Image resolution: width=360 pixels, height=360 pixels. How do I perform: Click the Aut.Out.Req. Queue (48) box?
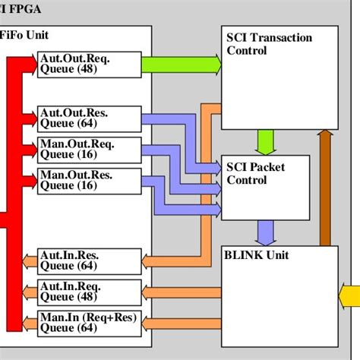click(x=89, y=64)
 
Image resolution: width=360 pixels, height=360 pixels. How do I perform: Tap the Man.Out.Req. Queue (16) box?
click(x=89, y=149)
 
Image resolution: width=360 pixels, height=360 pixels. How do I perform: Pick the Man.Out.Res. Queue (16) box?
click(x=89, y=180)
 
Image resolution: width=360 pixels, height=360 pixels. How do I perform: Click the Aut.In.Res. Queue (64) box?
click(x=89, y=261)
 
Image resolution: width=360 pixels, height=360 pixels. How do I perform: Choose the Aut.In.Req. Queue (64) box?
click(x=89, y=292)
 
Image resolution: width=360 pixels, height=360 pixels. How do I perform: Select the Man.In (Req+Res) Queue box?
click(x=89, y=323)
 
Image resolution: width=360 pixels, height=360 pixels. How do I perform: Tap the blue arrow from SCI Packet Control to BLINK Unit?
click(x=265, y=230)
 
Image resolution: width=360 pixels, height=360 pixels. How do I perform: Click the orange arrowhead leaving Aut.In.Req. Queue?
click(x=28, y=292)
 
